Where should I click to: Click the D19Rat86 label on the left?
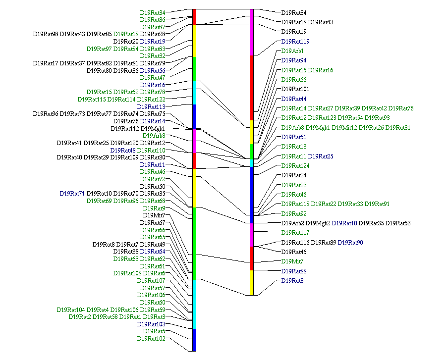coord(153,20)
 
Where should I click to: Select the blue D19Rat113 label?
coord(151,106)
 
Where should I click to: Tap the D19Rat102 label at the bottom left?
coord(151,339)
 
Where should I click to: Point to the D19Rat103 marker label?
coord(151,324)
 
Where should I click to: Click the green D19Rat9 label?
coord(154,208)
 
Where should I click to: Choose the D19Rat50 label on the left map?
coord(153,186)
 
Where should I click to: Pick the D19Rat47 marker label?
coord(153,78)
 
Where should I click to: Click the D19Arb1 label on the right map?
coord(292,51)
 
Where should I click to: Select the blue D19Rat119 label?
coord(295,42)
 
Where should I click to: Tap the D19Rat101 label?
coord(295,89)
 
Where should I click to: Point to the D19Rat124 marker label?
coord(295,166)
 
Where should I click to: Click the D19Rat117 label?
coord(295,233)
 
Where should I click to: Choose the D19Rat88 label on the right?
coord(293,271)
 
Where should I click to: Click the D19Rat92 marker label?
coord(293,214)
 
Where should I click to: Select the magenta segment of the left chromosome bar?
coord(194,141)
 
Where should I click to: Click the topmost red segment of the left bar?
coord(194,16)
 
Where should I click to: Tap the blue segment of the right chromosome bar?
coord(252,195)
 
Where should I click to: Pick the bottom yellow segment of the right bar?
coord(252,282)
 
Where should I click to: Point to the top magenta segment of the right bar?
coord(252,32)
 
